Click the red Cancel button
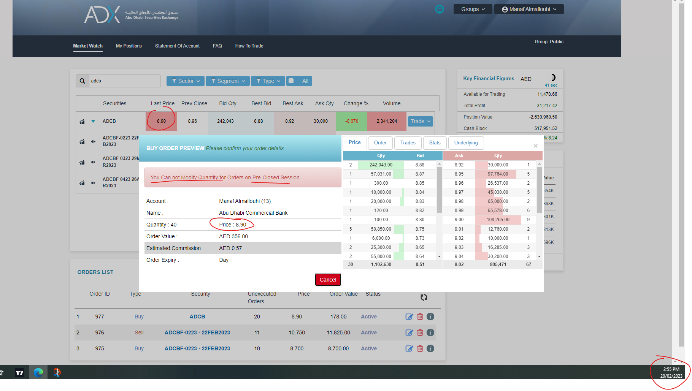pyautogui.click(x=328, y=280)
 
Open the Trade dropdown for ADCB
pyautogui.click(x=420, y=121)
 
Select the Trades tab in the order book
pyautogui.click(x=408, y=143)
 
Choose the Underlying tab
pyautogui.click(x=466, y=143)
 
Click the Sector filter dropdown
pyautogui.click(x=185, y=81)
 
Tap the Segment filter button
pyautogui.click(x=227, y=81)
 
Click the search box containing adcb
pyautogui.click(x=124, y=81)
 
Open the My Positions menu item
pyautogui.click(x=129, y=46)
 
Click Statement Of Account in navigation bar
pyautogui.click(x=177, y=46)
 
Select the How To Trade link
pyautogui.click(x=249, y=46)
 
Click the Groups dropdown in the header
pyautogui.click(x=473, y=9)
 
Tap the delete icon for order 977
pyautogui.click(x=420, y=317)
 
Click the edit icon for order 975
pyautogui.click(x=409, y=348)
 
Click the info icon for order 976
pyautogui.click(x=430, y=332)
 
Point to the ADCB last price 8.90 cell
pyautogui.click(x=161, y=121)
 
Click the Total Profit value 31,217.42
pyautogui.click(x=547, y=106)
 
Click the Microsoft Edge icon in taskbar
pyautogui.click(x=38, y=373)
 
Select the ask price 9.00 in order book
pyautogui.click(x=459, y=220)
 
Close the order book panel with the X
pyautogui.click(x=535, y=146)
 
